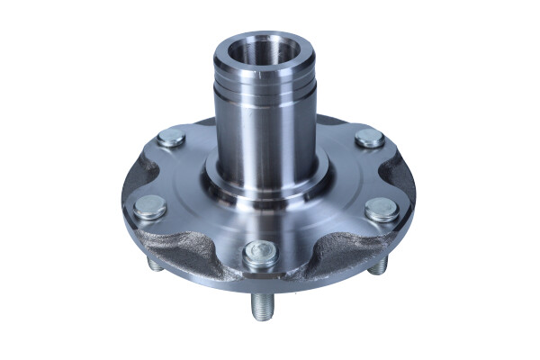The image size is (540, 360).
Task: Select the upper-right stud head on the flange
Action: tap(368, 139)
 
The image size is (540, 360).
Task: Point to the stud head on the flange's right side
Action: tap(382, 211)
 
